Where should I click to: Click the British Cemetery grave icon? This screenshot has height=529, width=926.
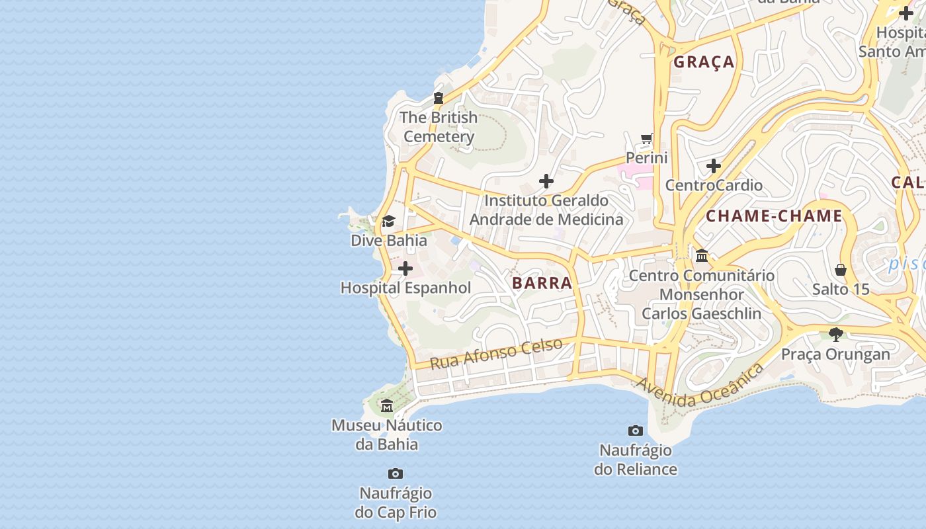(438, 98)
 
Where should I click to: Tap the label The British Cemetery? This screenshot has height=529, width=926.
(439, 127)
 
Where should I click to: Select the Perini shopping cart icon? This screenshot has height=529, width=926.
(646, 139)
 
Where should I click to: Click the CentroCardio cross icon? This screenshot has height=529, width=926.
(713, 165)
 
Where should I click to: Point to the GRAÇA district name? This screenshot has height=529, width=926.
(704, 62)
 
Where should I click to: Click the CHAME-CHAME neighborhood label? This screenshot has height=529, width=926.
(774, 216)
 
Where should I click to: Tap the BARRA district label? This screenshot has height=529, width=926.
(542, 284)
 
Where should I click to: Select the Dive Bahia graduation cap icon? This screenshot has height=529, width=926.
(388, 221)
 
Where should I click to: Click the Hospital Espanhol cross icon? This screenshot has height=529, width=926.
(405, 268)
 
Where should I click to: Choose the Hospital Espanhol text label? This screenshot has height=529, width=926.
(405, 288)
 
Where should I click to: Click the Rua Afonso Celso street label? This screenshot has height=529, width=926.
(496, 353)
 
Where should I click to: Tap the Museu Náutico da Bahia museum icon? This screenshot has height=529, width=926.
(387, 405)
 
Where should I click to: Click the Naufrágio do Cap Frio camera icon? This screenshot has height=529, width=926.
(396, 473)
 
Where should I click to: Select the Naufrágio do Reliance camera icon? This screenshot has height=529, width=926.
(635, 430)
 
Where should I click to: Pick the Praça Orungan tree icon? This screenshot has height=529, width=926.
(836, 335)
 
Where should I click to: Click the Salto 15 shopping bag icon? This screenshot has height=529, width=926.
(841, 270)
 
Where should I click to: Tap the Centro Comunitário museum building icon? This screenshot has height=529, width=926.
(702, 255)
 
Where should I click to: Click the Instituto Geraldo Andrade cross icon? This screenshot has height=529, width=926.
(546, 181)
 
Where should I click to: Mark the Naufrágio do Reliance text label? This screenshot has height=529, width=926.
(635, 460)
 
